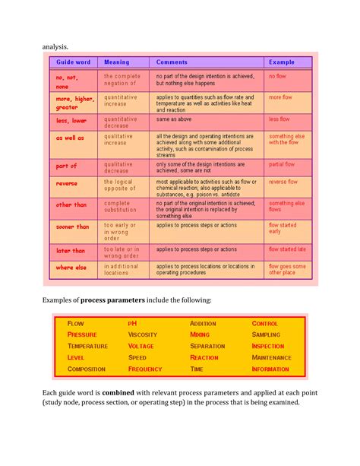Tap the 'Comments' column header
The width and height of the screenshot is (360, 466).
[x=173, y=62]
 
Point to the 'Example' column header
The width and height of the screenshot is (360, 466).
[x=282, y=62]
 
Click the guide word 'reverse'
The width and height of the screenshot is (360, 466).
[x=68, y=183]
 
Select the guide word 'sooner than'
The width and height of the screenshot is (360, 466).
[x=73, y=226]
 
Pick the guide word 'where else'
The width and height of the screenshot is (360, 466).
[x=72, y=267]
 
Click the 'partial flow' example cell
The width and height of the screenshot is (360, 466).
[x=282, y=164]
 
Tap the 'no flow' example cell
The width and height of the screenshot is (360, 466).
[x=276, y=77]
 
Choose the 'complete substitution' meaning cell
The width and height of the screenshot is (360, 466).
[x=119, y=207]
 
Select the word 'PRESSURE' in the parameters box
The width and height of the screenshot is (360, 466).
[x=83, y=334]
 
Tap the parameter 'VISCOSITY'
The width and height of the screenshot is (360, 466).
[x=143, y=334]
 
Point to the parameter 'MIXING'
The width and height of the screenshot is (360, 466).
[x=201, y=334]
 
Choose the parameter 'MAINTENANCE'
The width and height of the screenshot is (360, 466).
[x=271, y=357]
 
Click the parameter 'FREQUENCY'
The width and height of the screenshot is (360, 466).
[x=145, y=369]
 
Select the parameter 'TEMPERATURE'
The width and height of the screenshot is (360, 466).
[x=87, y=346]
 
